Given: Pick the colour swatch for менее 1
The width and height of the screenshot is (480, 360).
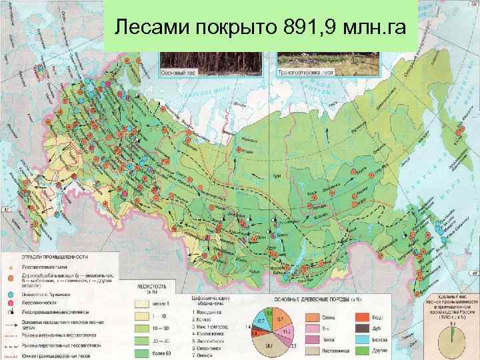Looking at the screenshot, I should pyautogui.click(x=142, y=303).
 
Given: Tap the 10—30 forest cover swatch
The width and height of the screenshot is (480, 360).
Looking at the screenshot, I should pyautogui.click(x=142, y=328).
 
